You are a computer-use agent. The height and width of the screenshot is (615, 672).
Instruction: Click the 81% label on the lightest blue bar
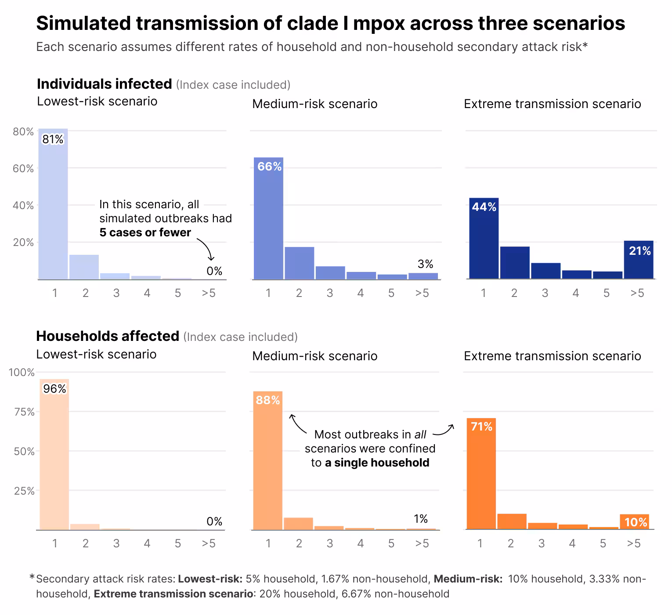pyautogui.click(x=53, y=140)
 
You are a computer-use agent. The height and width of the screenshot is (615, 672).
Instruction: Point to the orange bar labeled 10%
pyautogui.click(x=634, y=522)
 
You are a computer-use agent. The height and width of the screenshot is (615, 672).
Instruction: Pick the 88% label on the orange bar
pyautogui.click(x=268, y=400)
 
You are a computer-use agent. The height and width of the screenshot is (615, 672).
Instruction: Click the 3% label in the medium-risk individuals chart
pyautogui.click(x=425, y=264)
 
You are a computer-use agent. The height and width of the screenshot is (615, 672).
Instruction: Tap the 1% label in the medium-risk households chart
pyautogui.click(x=420, y=519)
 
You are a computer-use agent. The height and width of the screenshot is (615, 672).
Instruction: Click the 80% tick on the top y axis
pyautogui.click(x=23, y=132)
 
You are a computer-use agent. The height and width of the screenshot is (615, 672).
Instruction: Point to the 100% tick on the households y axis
pyautogui.click(x=22, y=373)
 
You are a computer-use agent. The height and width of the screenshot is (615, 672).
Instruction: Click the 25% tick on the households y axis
pyautogui.click(x=24, y=491)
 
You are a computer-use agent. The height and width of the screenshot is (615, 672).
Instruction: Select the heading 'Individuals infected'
pyautogui.click(x=104, y=84)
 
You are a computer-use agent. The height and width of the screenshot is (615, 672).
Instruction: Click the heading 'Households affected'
pyautogui.click(x=108, y=336)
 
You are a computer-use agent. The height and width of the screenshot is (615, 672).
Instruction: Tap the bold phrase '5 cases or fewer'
pyautogui.click(x=145, y=232)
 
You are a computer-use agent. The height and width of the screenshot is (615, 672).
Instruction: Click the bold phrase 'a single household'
pyautogui.click(x=377, y=463)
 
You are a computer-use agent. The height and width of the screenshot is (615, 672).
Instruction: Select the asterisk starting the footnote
pyautogui.click(x=32, y=577)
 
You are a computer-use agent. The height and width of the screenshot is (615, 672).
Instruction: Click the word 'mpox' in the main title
pyautogui.click(x=379, y=23)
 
